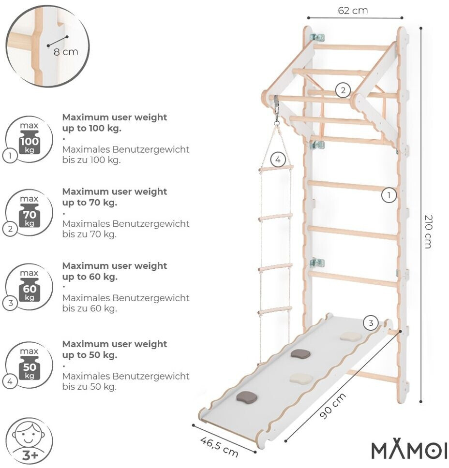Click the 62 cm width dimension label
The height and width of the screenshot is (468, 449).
click(x=353, y=11)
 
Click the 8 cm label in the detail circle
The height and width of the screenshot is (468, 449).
click(x=65, y=51)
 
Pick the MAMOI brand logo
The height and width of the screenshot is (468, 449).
click(x=408, y=451)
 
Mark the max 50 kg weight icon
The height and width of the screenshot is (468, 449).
click(x=30, y=366)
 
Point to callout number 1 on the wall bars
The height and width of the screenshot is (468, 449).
click(x=389, y=195)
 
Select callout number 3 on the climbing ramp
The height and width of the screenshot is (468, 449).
click(x=371, y=323)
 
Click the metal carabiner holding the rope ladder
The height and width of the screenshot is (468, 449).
click(x=277, y=110)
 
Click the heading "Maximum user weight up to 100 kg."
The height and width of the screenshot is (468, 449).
click(x=114, y=122)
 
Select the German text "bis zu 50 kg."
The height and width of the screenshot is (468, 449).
click(x=90, y=386)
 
